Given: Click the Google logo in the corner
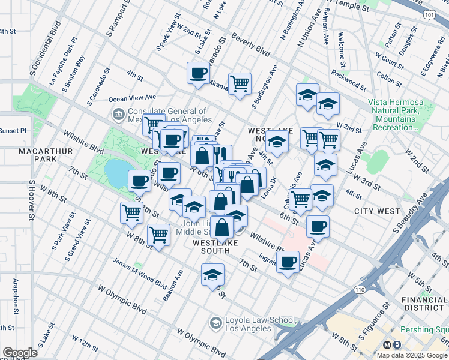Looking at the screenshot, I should click(20, 353).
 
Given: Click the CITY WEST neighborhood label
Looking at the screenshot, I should click(377, 211).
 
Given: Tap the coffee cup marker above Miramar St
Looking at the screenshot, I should click(199, 74).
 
